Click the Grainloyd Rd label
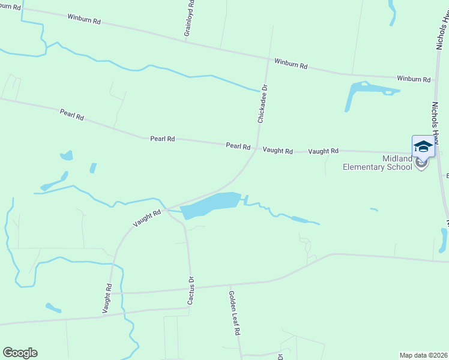tap(190, 19)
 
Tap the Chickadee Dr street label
tap(262, 104)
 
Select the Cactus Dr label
tap(191, 290)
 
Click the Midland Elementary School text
tap(378, 163)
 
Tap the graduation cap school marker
tap(423, 146)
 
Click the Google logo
tap(20, 353)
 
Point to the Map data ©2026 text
tap(424, 355)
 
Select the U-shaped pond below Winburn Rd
tap(366, 91)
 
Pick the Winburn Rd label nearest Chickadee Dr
tap(291, 63)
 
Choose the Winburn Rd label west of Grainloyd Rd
tap(84, 20)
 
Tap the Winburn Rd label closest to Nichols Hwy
tap(414, 79)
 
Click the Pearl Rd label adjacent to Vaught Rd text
tap(238, 146)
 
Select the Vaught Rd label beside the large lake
tap(147, 218)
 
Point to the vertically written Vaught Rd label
tap(107, 299)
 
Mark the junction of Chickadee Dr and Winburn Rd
tap(268, 58)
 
